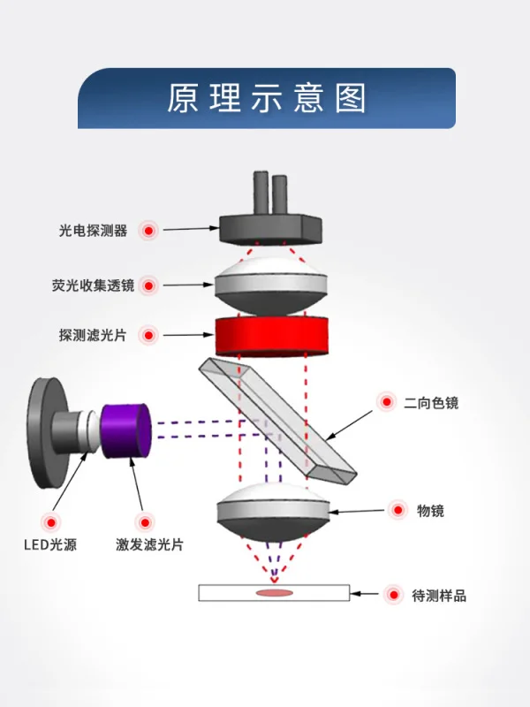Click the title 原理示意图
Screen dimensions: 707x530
(266, 98)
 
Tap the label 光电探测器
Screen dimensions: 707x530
(93, 231)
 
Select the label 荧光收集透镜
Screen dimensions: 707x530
(93, 285)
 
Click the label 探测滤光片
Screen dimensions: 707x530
(93, 336)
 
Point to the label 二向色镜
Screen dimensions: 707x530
(431, 403)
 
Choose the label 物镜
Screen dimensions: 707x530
(430, 510)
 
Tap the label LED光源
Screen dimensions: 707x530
(49, 544)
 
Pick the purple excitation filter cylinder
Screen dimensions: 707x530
(127, 430)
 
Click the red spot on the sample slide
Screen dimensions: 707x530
(274, 592)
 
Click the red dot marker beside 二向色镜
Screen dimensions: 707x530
(386, 402)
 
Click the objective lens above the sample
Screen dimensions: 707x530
(273, 513)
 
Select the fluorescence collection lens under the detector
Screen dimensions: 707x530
(272, 285)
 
